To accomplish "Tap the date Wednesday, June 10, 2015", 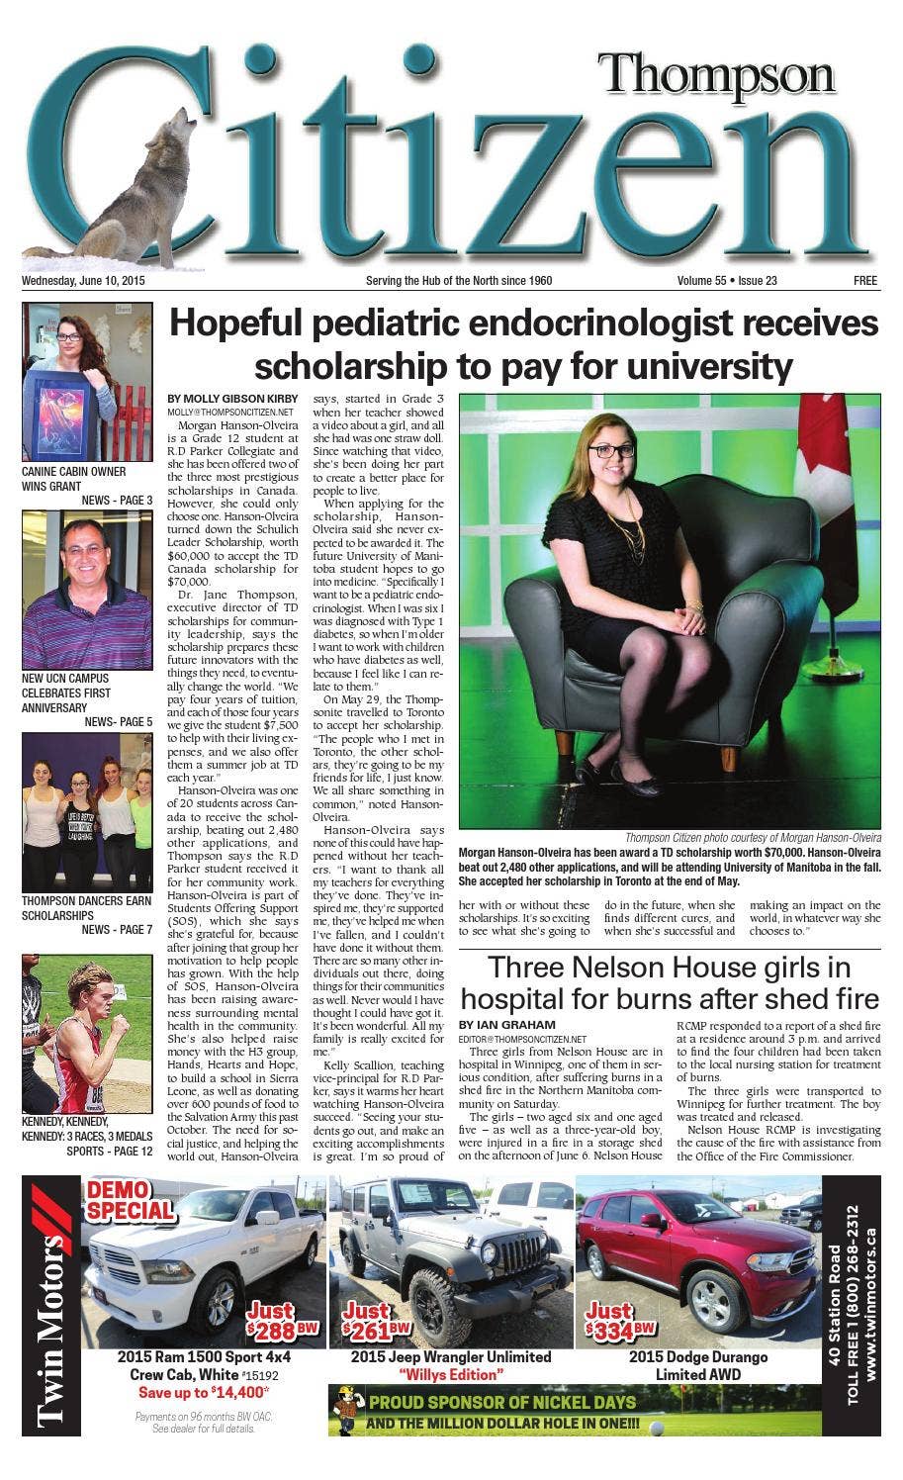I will pos(83,281).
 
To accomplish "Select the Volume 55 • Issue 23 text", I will pos(727,281).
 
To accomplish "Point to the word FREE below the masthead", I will pos(865,281).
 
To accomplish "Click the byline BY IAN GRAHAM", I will pos(506,1024).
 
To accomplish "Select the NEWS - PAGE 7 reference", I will pos(117,930).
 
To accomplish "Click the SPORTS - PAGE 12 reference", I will pos(110,1152).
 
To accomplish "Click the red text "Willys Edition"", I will pos(451,1375).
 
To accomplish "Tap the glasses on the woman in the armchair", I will pos(614,449).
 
